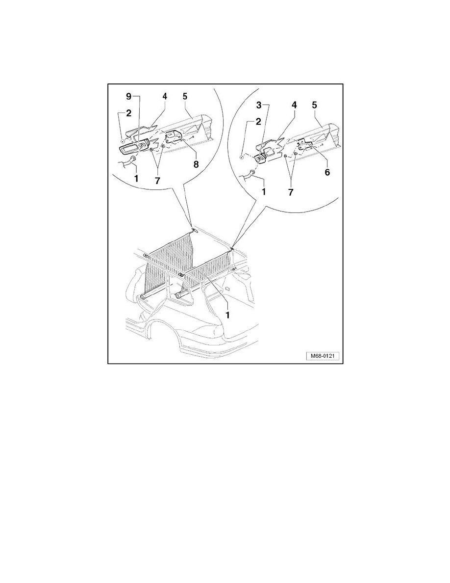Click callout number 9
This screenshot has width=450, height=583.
point(129,96)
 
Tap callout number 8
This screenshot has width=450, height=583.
point(196,164)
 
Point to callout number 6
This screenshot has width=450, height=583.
point(327,172)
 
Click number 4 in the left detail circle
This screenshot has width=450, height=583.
point(165,96)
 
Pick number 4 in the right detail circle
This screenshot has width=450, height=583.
point(294,105)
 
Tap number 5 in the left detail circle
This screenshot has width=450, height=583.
point(185,96)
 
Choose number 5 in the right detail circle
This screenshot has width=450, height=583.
point(315,105)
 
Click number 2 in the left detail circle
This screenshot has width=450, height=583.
point(128,113)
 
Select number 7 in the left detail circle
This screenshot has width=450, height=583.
point(157,181)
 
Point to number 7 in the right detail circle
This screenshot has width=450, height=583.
point(291,192)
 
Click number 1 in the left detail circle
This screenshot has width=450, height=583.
point(136,179)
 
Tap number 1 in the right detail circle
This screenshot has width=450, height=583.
point(264,192)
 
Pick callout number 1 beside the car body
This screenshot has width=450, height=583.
point(227,315)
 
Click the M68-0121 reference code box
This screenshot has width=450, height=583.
point(322,356)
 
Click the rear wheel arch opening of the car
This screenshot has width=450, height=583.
point(163,327)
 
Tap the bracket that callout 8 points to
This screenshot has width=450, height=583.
point(173,137)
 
